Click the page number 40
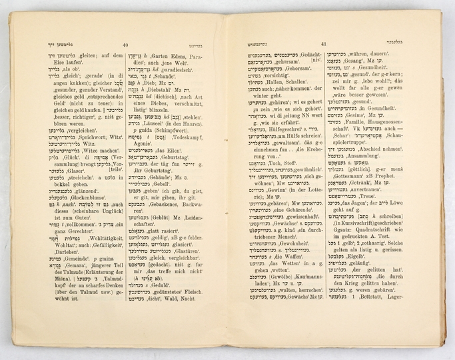click(x=126, y=45)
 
